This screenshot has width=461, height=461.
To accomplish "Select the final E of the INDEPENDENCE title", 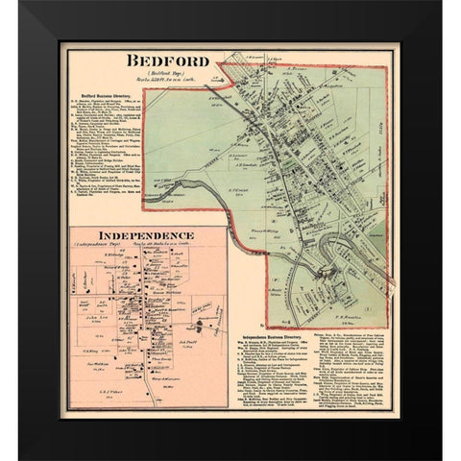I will click(x=189, y=234).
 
